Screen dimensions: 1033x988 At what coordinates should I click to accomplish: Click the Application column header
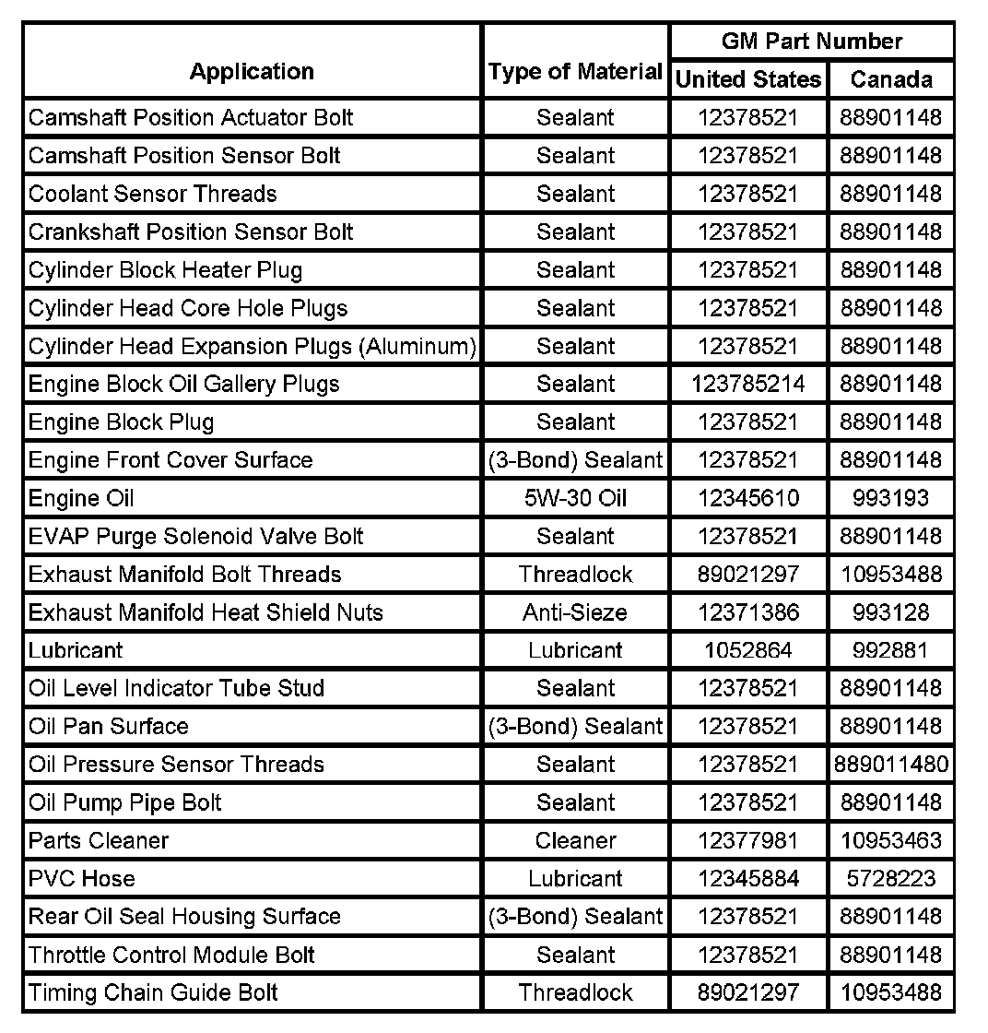pos(252,72)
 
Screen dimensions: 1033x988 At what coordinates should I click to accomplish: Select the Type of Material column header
pos(575,72)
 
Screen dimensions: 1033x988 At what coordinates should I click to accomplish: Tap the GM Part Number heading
pos(811,42)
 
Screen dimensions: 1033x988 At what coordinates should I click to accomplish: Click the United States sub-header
pos(747,80)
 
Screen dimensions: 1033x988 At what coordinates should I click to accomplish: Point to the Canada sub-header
pos(890,80)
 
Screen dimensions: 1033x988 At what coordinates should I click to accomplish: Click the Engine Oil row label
pos(81,498)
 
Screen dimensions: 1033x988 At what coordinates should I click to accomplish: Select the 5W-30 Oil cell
pos(575,498)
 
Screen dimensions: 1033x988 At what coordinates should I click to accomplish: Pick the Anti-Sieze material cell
pos(575,612)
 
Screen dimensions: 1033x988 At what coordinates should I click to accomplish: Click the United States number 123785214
pos(747,384)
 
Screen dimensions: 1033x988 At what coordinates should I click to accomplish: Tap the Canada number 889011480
pos(890,765)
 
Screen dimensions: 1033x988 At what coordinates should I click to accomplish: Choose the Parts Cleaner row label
pos(99,840)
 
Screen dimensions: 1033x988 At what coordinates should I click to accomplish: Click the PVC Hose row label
pos(81,879)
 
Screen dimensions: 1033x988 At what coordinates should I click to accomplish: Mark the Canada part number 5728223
pos(890,879)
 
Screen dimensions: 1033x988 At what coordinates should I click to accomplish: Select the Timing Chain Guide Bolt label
pos(153,992)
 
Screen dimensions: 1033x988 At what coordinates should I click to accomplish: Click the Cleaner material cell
pos(575,840)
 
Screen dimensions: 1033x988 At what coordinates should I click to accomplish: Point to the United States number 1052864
pos(747,650)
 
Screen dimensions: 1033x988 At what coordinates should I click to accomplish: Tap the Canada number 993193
pos(890,498)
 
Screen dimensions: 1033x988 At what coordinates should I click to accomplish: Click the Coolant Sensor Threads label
pos(153,194)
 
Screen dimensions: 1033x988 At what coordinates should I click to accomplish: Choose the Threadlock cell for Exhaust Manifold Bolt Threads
pos(575,575)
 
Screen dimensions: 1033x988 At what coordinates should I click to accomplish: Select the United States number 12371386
pos(747,612)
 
